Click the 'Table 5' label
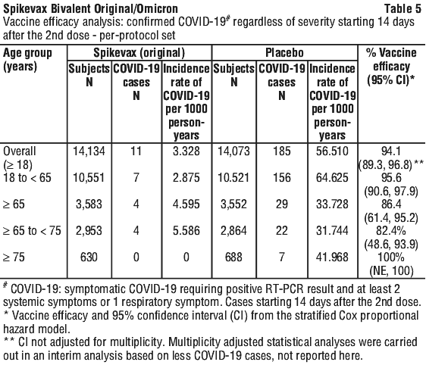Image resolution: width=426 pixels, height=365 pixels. pos(403,9)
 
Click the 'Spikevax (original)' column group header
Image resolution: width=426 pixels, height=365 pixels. pos(139,53)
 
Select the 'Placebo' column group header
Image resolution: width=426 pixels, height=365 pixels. pos(284,53)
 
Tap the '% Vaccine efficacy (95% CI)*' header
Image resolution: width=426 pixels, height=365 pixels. pos(391,67)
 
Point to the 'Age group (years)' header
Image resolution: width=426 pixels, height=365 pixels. pos(27,59)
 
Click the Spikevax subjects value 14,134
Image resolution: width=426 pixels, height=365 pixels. pos(89,151)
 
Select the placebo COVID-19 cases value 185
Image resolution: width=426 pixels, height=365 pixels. pos(282,151)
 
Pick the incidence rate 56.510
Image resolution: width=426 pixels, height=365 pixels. pos(332,151)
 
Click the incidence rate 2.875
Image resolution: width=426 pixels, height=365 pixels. pos(186,177)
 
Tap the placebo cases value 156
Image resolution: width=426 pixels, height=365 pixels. pos(282,177)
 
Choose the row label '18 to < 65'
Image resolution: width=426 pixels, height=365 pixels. pos(27,178)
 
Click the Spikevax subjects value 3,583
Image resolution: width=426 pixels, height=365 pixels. pos(89,204)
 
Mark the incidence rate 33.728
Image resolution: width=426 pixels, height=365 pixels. pos(332,204)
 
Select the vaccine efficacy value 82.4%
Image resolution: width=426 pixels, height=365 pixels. pos(391,231)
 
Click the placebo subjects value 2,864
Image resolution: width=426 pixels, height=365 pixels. pos(233,231)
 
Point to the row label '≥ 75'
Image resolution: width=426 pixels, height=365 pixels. pos(14,257)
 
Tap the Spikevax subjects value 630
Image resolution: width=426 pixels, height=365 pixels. pos(89,257)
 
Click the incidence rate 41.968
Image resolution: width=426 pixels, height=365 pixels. pos(332,257)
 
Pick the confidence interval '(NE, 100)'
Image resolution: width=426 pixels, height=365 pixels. pos(391,270)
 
